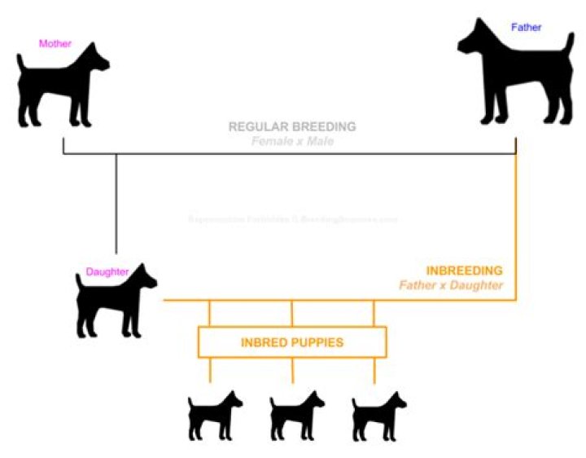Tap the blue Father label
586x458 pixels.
(526, 27)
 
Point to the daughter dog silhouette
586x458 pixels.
(114, 302)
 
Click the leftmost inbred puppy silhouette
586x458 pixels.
(214, 416)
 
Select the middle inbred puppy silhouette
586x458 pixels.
(296, 416)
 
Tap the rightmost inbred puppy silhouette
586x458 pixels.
(378, 416)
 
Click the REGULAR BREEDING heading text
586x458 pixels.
(291, 127)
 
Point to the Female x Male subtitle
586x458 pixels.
(291, 142)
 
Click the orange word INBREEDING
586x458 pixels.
(464, 270)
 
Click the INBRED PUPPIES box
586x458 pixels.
(292, 342)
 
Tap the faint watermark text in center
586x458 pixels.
(292, 219)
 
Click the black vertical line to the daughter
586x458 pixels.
(116, 204)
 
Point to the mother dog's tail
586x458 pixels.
(20, 59)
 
